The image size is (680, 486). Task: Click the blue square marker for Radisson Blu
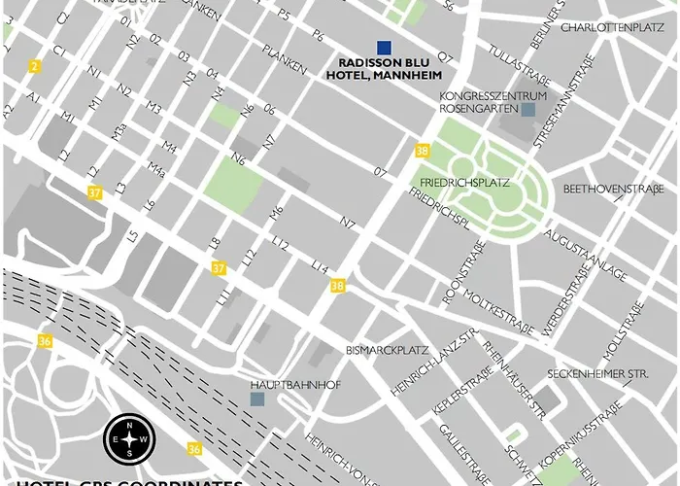click(385, 48)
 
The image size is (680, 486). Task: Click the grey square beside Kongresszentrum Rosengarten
click(527, 110)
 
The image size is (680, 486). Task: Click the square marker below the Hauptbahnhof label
click(256, 399)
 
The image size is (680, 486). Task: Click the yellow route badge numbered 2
click(34, 66)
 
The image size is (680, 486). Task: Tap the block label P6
click(317, 36)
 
